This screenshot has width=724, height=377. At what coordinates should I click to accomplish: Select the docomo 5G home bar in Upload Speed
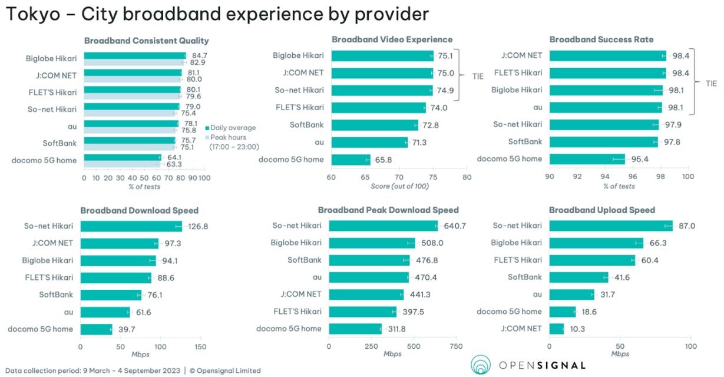tap(562, 312)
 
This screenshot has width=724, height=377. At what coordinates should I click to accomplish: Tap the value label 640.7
tap(454, 226)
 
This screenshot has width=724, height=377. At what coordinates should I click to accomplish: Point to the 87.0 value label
tap(686, 226)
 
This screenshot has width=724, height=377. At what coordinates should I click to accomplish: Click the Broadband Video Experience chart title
tap(392, 39)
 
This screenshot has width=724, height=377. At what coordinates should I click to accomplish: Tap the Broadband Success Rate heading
tap(601, 39)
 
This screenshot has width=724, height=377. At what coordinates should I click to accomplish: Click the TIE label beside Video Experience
tap(478, 77)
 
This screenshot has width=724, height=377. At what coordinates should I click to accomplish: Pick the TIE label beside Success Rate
tap(711, 84)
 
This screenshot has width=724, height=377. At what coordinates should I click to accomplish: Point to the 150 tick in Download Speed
tap(200, 346)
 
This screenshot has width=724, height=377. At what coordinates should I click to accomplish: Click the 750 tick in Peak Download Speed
tap(456, 346)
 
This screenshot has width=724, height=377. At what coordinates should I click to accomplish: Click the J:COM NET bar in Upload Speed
tap(556, 329)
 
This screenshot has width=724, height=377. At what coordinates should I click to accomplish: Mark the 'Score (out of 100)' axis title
tap(399, 186)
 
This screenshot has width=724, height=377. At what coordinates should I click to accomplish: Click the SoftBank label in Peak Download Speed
tap(305, 260)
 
